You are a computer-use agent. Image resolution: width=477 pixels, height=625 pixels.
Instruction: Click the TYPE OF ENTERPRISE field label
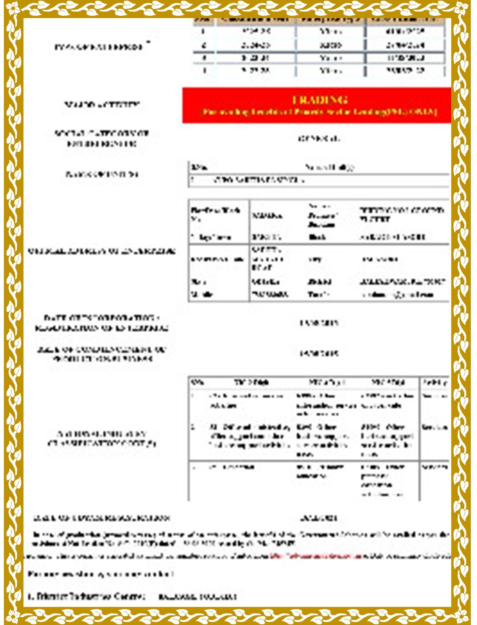coord(99,47)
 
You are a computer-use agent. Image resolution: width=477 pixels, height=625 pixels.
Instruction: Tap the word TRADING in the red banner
coord(320,100)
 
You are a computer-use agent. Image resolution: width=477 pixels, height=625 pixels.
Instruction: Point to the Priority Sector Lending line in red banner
coord(320,112)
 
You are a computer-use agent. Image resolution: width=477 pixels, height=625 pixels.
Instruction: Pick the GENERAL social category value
coord(319,139)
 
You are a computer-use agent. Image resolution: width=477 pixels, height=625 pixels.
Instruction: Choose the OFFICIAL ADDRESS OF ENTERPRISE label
coord(102,251)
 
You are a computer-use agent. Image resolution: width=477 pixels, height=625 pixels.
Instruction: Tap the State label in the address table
coord(198,282)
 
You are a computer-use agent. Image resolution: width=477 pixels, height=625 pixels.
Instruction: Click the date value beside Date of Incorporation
coord(319,323)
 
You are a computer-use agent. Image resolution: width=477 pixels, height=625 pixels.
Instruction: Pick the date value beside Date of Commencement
coord(319,353)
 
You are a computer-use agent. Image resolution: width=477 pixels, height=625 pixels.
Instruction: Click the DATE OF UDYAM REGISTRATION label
coord(102,518)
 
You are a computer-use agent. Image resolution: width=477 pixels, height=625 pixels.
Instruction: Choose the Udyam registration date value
coord(319,518)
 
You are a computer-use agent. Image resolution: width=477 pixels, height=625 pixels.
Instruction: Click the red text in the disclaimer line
coord(310,556)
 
